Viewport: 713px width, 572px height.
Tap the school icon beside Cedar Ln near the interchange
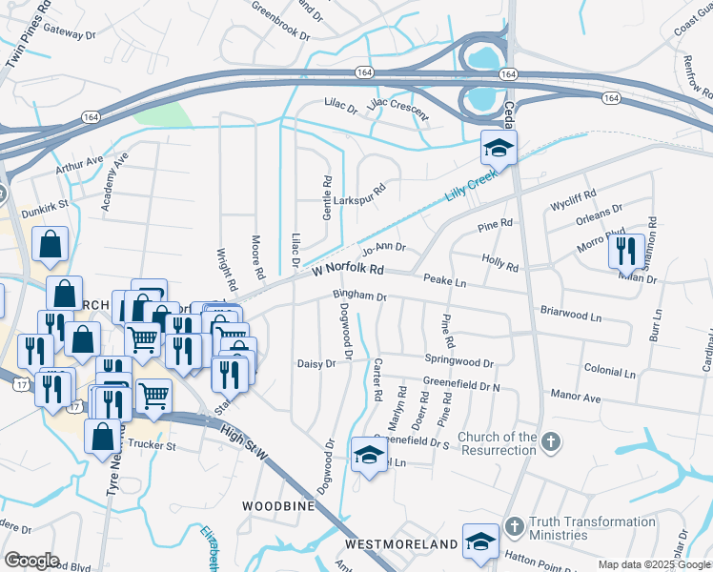498,149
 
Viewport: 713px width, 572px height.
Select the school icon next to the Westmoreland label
480,542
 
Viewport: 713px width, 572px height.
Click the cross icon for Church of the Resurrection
550,441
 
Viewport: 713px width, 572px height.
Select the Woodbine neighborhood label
278,505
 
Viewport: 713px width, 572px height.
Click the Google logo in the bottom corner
31,561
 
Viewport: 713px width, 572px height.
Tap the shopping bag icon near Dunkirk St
50,246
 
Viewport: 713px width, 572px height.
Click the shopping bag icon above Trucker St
102,436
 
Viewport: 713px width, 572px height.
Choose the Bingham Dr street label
358,296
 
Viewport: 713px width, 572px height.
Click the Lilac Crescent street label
397,107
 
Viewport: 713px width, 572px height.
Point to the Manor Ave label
575,394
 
